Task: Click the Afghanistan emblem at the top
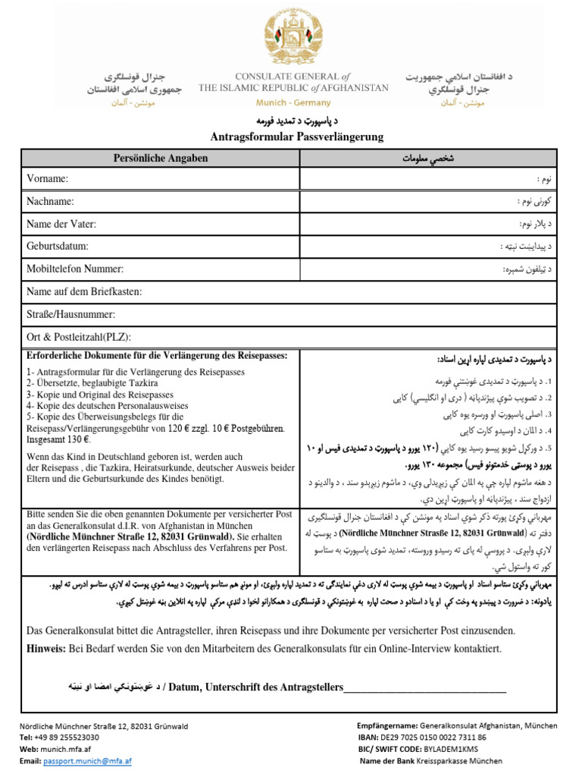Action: tap(293, 38)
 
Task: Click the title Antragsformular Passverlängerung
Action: tap(296, 137)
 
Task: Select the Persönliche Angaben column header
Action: tap(160, 158)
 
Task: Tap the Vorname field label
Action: tap(47, 179)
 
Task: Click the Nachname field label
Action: tap(50, 201)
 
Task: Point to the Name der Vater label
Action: tap(61, 224)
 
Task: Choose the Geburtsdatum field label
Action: tap(58, 246)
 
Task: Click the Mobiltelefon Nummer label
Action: tap(75, 269)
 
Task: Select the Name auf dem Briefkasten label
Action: tap(84, 291)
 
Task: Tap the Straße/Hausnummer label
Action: tap(70, 314)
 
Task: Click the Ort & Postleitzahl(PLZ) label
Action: tap(84, 337)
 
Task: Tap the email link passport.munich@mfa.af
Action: tap(88, 760)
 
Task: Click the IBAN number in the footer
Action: tap(433, 737)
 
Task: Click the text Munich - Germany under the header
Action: tap(293, 102)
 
